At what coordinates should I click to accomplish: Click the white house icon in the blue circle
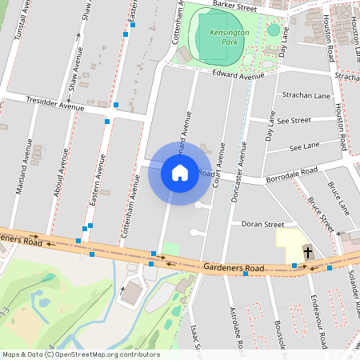point(180,172)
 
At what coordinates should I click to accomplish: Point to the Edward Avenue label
point(238,75)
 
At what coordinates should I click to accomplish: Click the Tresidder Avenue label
point(55,104)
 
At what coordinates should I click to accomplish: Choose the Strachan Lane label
point(306,95)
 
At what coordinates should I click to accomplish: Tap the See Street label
point(294,120)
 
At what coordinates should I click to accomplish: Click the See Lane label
point(304,146)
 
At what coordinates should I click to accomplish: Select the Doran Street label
point(263,226)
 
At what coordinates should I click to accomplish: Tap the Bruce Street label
point(322,212)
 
